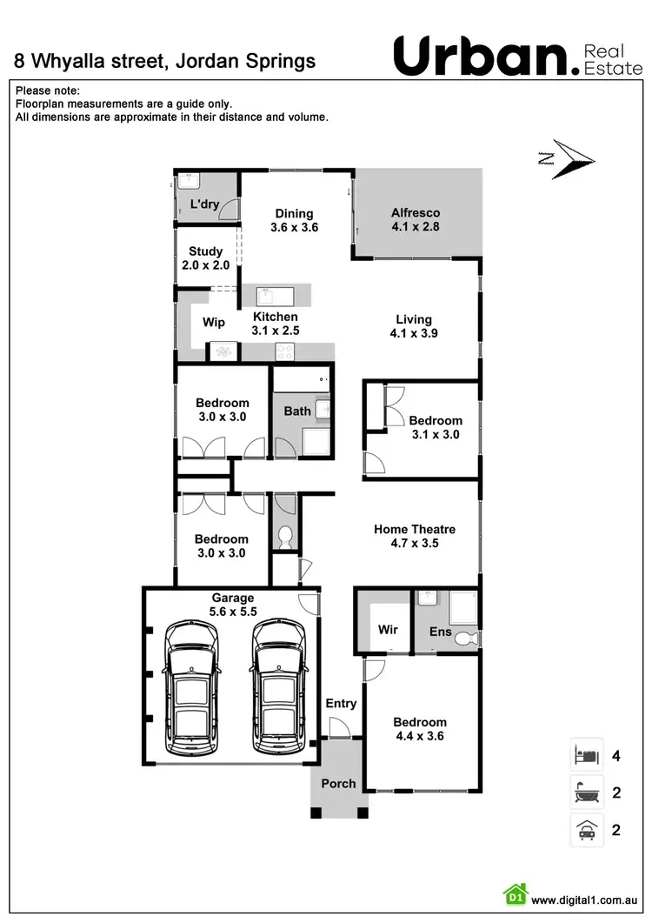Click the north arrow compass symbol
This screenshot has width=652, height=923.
(x=567, y=159)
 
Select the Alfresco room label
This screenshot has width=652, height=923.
(x=416, y=212)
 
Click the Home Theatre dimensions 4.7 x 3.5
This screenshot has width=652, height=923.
(x=415, y=543)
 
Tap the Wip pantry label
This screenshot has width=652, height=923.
(x=214, y=322)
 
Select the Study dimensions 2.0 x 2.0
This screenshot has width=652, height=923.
(x=206, y=265)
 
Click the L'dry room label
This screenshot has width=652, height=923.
(x=204, y=204)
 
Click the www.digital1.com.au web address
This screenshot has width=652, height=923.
(x=586, y=900)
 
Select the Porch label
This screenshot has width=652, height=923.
(x=338, y=783)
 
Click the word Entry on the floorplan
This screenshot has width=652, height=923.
(x=341, y=703)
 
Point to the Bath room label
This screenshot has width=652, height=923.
(x=297, y=411)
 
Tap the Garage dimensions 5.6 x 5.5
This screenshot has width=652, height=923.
(x=233, y=612)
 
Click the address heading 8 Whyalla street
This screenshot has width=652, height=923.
(x=165, y=61)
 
